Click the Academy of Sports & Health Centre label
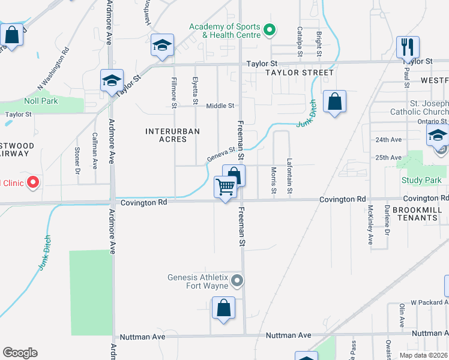click(225, 31)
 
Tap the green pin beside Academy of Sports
click(270, 29)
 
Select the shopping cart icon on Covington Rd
click(225, 187)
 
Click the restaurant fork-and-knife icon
click(408, 46)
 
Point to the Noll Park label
click(41, 101)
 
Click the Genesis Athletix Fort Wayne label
click(198, 281)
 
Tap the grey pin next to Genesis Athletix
click(238, 280)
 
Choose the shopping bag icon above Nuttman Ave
click(223, 308)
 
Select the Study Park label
click(418, 180)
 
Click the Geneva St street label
click(220, 155)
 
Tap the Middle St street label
click(220, 106)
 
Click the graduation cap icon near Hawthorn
click(161, 46)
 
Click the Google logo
click(20, 353)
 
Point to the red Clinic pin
click(34, 182)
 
